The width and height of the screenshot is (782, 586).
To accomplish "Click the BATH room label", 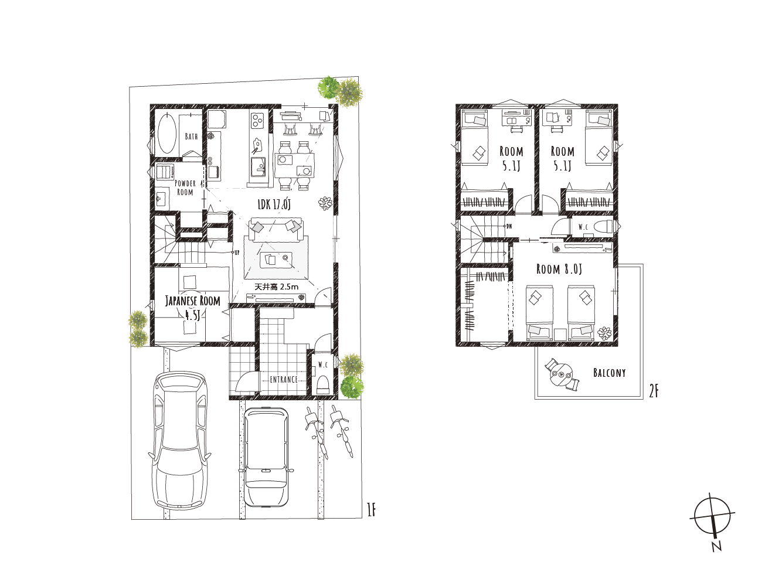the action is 191,137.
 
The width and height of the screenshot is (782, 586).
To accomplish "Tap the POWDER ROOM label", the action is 185,188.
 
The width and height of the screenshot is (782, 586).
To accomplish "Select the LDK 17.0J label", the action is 274,205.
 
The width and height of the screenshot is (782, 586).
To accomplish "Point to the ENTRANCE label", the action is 284,380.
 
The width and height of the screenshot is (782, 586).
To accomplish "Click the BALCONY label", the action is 609,373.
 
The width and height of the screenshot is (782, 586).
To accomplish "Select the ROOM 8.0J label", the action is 559,269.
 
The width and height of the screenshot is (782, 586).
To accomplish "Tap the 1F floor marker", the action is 372,511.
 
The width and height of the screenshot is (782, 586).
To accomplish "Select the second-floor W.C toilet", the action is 604,226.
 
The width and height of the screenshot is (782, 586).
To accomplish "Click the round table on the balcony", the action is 562,375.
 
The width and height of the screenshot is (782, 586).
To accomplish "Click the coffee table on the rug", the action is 276,260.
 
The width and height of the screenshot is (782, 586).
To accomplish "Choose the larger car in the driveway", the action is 178,441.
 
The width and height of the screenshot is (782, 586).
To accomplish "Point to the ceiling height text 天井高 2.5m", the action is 277,287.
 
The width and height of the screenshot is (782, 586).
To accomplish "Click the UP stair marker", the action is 236,253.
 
